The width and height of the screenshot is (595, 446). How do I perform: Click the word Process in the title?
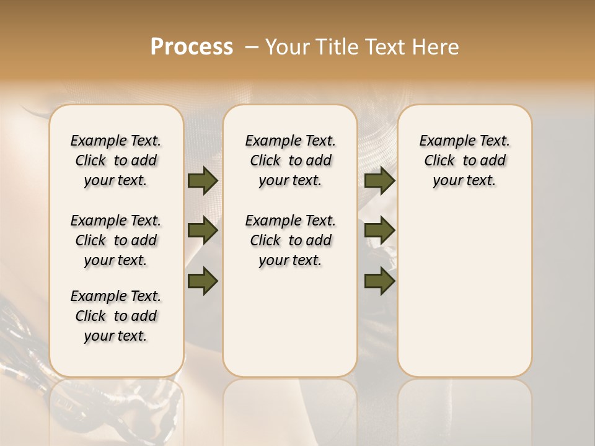(x=192, y=46)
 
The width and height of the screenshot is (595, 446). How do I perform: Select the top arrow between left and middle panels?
(x=203, y=181)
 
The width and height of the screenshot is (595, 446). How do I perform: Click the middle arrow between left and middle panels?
(x=203, y=231)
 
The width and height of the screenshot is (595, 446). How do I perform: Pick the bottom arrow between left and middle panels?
(x=203, y=281)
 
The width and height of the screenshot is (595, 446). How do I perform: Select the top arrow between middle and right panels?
(x=379, y=181)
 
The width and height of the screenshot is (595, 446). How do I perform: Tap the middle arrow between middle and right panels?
(x=379, y=231)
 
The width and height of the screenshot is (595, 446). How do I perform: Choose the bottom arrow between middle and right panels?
(x=379, y=281)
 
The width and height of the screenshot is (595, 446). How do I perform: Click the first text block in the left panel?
(x=116, y=160)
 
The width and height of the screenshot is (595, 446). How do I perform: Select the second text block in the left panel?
(x=116, y=240)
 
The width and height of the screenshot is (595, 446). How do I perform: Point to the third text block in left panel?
(x=116, y=316)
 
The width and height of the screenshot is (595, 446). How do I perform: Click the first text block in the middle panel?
(x=290, y=160)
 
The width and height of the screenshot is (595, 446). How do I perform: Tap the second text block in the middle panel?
(x=290, y=240)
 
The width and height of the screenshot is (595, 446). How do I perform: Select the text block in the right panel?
(x=464, y=160)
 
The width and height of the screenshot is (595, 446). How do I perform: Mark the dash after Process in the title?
(x=251, y=47)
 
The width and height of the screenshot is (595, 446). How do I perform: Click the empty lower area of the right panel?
(x=464, y=297)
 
